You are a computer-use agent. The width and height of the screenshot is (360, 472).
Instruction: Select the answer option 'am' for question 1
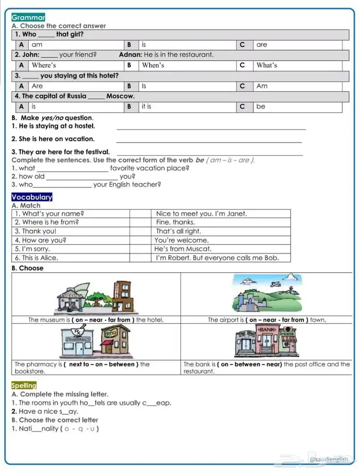click(37, 45)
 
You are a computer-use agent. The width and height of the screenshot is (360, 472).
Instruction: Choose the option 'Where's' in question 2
click(44, 65)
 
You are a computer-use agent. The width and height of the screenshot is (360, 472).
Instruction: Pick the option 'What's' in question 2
click(267, 65)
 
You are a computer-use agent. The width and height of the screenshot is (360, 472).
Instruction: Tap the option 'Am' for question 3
click(262, 86)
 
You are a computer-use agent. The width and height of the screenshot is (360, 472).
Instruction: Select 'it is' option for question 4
click(147, 107)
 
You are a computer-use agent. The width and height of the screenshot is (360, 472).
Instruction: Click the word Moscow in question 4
click(120, 96)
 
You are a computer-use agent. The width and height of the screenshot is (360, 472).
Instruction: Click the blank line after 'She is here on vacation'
click(209, 141)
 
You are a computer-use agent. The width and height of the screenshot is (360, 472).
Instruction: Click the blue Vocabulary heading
click(32, 197)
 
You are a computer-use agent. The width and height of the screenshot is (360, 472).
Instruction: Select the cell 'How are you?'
click(41, 240)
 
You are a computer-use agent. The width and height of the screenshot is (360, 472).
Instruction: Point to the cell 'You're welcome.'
click(182, 240)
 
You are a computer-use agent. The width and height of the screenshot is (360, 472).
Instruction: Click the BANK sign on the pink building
click(267, 329)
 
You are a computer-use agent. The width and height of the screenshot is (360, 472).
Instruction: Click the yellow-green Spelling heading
click(24, 385)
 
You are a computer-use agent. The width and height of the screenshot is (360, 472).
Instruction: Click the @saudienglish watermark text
click(329, 459)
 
